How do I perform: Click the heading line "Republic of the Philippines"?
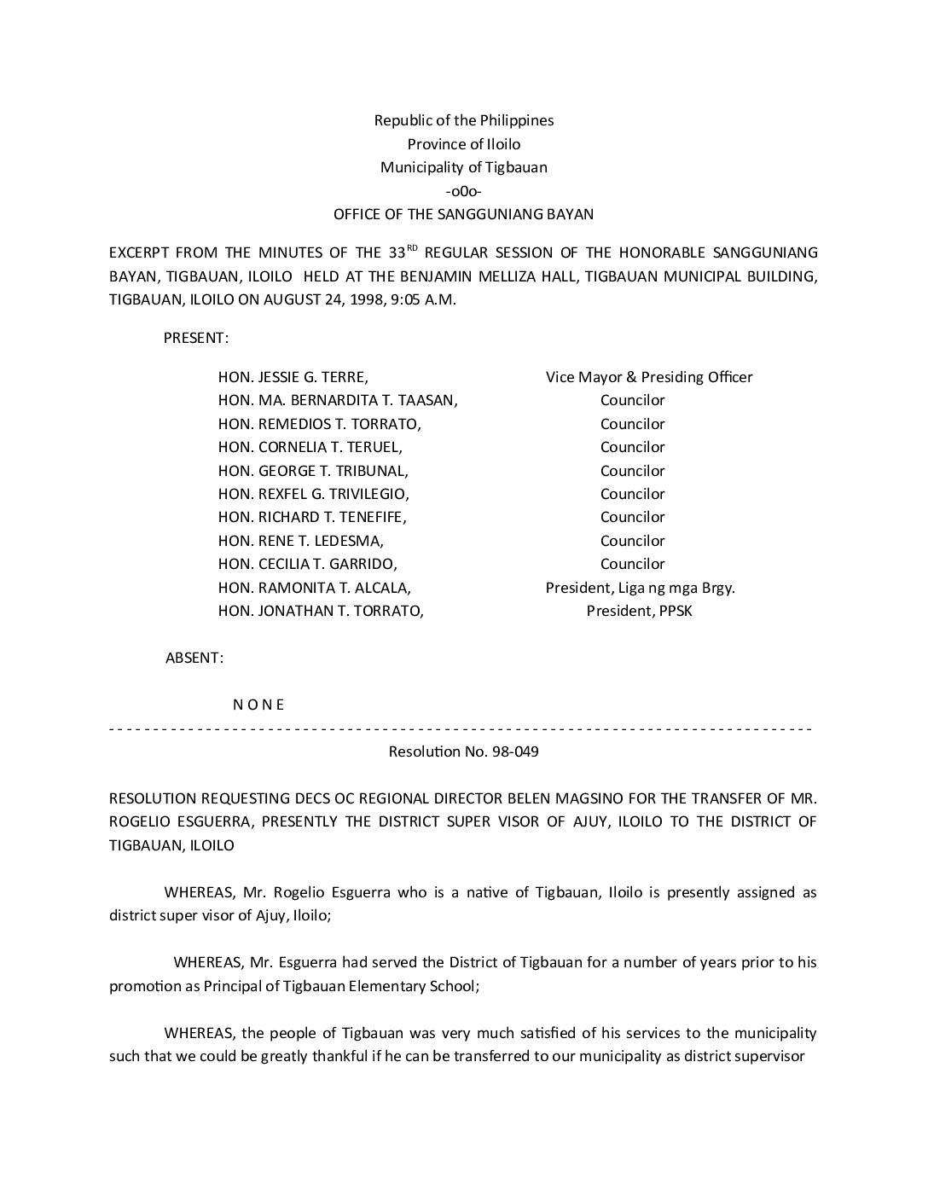[x=463, y=120]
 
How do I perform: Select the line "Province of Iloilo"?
[x=463, y=144]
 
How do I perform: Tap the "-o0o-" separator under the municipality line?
[x=463, y=191]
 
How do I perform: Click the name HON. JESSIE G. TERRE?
[x=293, y=377]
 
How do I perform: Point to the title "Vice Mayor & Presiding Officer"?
[x=648, y=377]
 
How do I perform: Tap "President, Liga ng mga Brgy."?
[x=640, y=588]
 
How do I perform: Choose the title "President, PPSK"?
[x=639, y=611]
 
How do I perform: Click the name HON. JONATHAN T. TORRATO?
[x=321, y=611]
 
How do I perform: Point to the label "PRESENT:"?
[x=195, y=338]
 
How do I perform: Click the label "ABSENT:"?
[x=194, y=658]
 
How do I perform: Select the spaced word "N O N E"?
[x=258, y=705]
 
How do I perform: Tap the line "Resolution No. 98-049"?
[x=463, y=752]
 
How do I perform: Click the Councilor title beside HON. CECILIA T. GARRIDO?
[x=632, y=564]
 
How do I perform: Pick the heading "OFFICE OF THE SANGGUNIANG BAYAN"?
[x=463, y=214]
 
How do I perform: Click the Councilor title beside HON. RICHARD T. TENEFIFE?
[x=632, y=517]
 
